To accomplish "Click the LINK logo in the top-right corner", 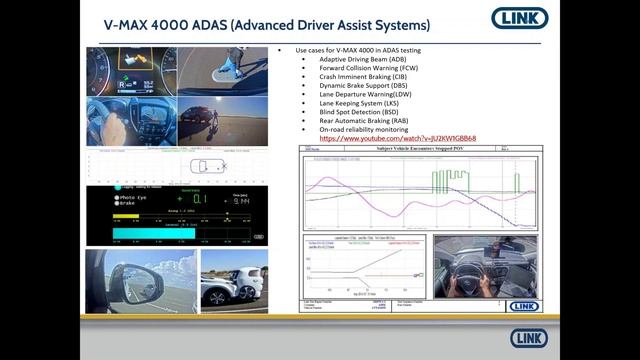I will [x=519, y=18].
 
